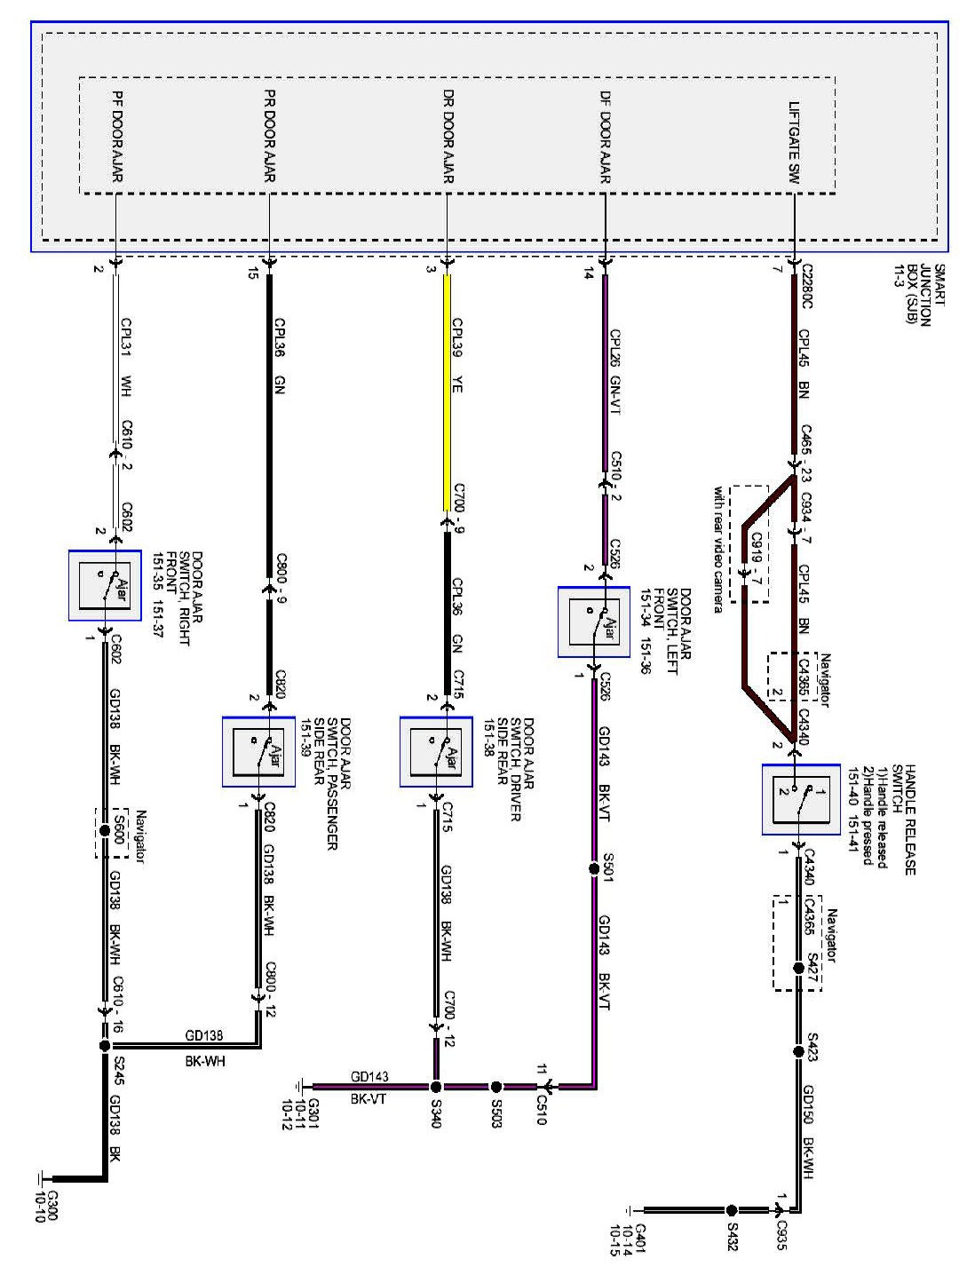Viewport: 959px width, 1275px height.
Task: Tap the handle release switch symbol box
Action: (x=801, y=799)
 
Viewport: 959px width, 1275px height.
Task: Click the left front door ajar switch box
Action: (x=594, y=622)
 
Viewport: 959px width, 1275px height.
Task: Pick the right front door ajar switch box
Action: (x=105, y=584)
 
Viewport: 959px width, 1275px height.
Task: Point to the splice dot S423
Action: (x=797, y=1050)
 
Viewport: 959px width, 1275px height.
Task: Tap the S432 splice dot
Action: (x=732, y=1209)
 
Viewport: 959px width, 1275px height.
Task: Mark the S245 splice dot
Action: (x=105, y=1045)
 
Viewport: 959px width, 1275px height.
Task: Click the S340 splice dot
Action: (x=436, y=1086)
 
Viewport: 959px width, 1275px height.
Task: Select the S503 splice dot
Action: (x=496, y=1086)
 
